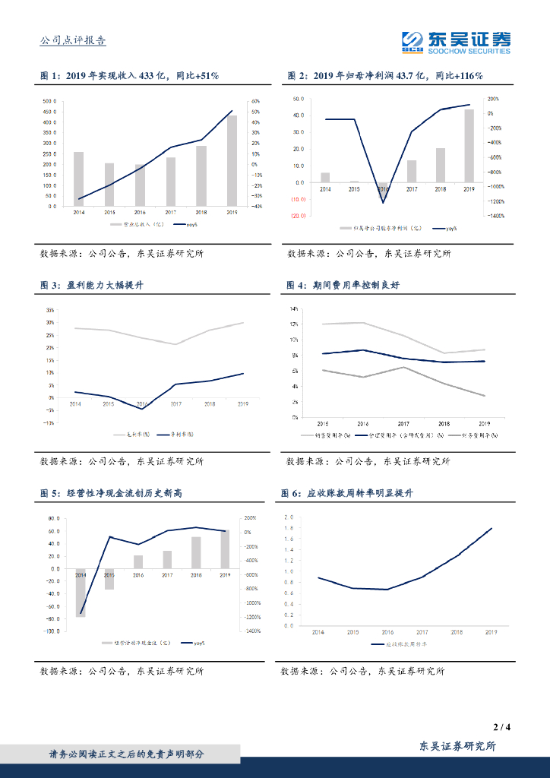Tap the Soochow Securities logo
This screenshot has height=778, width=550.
(x=456, y=42)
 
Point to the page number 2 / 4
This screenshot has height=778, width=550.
(x=501, y=727)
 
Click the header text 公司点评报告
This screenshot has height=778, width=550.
(x=72, y=41)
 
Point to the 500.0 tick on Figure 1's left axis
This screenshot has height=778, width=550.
(x=49, y=101)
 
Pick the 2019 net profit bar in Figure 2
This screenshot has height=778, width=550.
(x=469, y=146)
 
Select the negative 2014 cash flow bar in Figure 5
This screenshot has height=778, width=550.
(x=81, y=593)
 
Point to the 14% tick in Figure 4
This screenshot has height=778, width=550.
(x=294, y=309)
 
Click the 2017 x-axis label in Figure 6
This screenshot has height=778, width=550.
(x=422, y=632)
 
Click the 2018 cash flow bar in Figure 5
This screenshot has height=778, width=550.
(x=196, y=552)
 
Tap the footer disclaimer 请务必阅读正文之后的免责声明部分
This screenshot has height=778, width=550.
(x=126, y=754)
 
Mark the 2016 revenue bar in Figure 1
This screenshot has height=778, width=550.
(x=140, y=185)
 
